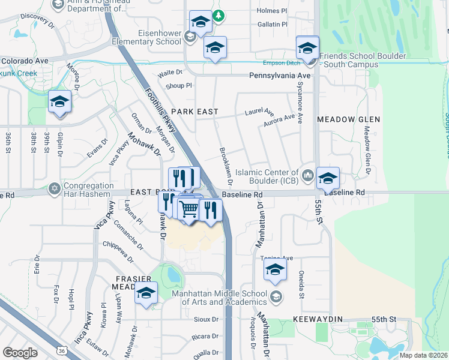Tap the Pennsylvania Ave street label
click(x=280, y=76)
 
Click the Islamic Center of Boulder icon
click(x=308, y=175)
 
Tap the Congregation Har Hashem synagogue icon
click(x=55, y=188)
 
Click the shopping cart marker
click(x=188, y=209)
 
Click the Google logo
click(x=20, y=352)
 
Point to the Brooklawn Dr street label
click(x=226, y=167)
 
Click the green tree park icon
click(x=220, y=16)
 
